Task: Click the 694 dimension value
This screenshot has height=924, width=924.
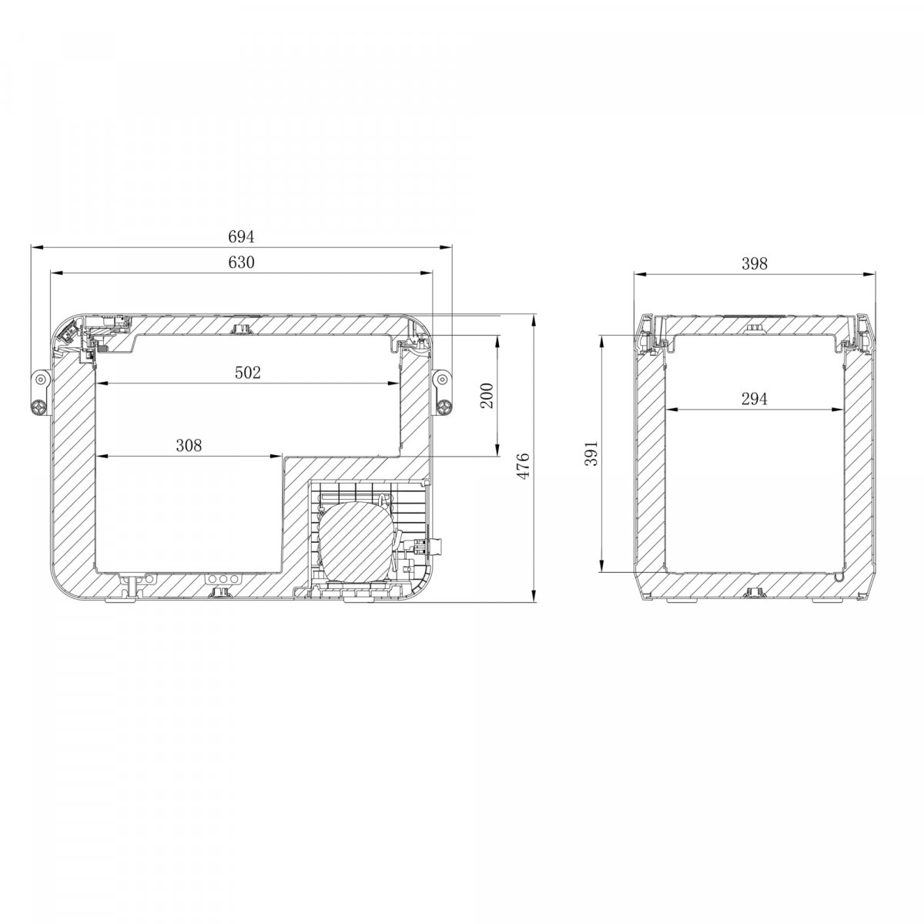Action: click(x=241, y=237)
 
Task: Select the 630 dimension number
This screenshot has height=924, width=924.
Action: click(x=241, y=263)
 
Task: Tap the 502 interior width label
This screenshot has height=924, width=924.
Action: click(x=247, y=373)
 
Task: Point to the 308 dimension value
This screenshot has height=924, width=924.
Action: click(x=189, y=446)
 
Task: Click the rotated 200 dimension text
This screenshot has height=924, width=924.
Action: click(x=487, y=395)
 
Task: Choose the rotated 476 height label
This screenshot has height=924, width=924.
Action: click(x=522, y=465)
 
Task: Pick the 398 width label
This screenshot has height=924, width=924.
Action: click(x=755, y=263)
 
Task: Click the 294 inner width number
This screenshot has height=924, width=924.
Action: click(x=755, y=398)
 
